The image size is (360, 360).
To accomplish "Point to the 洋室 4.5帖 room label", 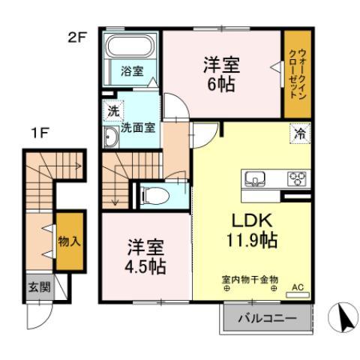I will pyautogui.click(x=145, y=256).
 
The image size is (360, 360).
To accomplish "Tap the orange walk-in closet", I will pyautogui.click(x=297, y=73).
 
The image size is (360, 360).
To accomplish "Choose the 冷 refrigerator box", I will pyautogui.click(x=298, y=136).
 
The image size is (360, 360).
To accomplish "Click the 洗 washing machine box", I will pyautogui.click(x=112, y=109).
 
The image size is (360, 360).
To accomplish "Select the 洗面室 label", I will pyautogui.click(x=139, y=127).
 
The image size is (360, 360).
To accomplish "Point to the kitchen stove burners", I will pyautogui.click(x=297, y=178).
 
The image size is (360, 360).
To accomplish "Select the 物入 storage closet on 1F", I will pyautogui.click(x=70, y=241).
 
